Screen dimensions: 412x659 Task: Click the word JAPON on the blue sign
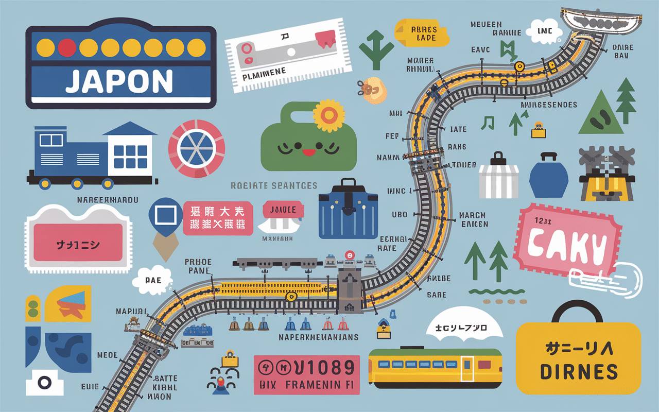coord(119,81)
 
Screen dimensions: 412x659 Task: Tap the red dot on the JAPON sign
coord(67,47)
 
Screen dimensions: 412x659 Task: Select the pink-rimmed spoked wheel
coord(196,148)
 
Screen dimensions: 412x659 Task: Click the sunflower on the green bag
coord(326,115)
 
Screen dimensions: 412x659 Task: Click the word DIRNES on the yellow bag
coord(579,371)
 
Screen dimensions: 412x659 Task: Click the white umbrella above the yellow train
coord(465,326)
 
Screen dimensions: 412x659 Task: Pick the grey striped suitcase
coord(498,178)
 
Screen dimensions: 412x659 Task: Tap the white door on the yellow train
coord(467,369)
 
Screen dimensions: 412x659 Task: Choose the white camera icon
coord(44,382)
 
